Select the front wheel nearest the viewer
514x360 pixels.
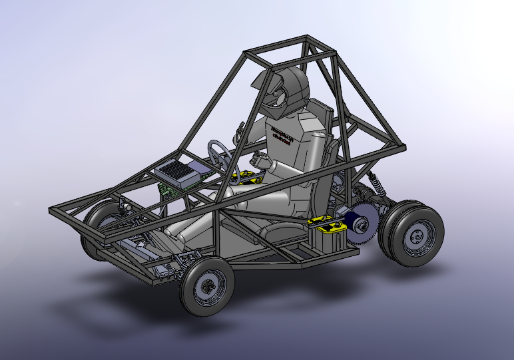(206, 286)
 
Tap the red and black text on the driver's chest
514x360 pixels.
(283, 130)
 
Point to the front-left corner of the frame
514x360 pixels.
(53, 212)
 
